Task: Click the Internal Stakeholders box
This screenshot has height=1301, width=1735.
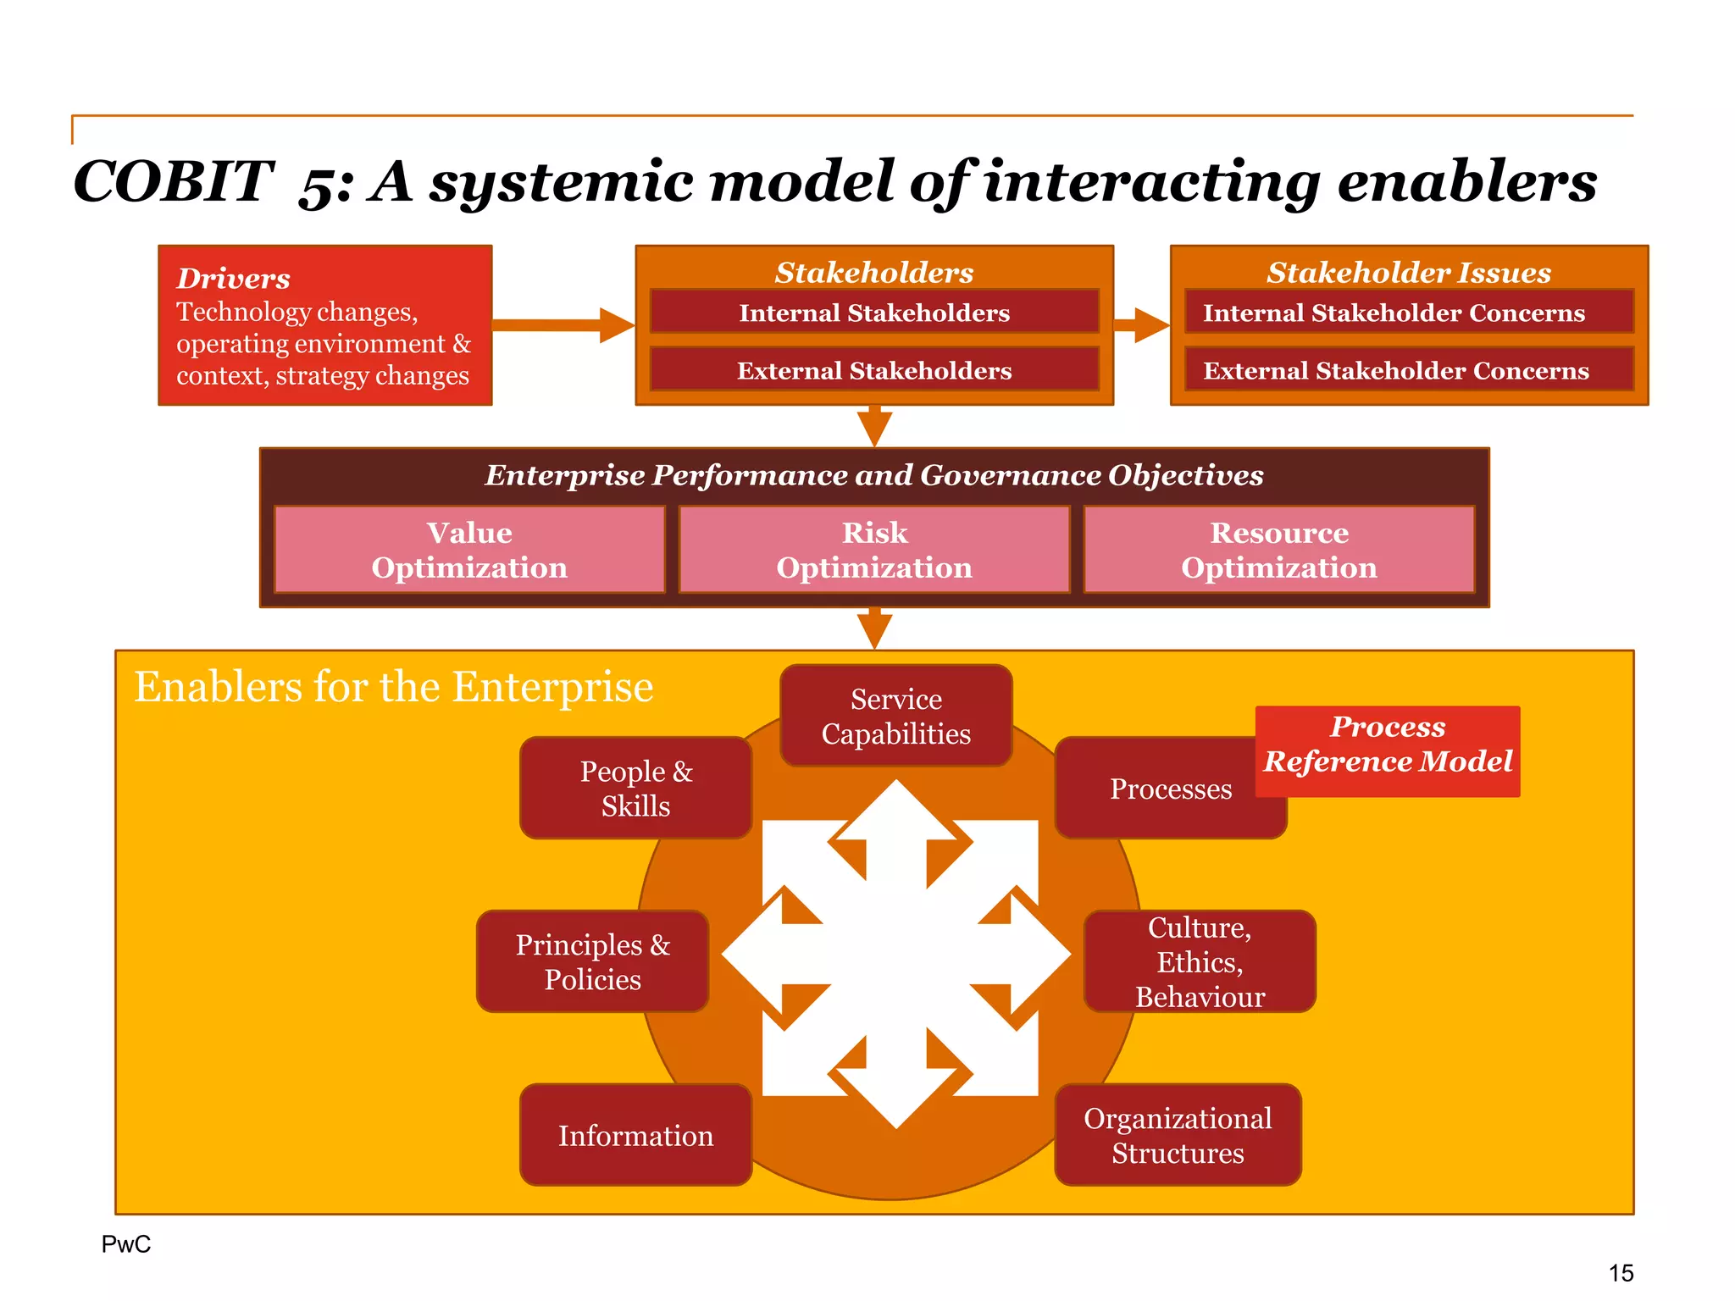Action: point(874,313)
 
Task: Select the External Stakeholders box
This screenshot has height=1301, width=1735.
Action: point(874,370)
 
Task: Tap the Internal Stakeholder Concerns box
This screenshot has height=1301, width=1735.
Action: point(1409,313)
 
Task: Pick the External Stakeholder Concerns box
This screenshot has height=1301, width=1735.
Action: point(1409,370)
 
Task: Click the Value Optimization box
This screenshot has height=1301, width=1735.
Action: point(469,550)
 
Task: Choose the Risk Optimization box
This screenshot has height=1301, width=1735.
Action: point(874,550)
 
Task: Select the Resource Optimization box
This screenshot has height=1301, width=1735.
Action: point(1279,550)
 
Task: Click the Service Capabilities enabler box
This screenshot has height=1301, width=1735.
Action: point(895,716)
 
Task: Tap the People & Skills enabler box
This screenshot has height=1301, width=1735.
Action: point(635,788)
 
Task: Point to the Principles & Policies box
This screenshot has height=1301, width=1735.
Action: point(592,961)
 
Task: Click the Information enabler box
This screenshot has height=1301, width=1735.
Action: point(635,1135)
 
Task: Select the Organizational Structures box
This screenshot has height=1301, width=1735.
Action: point(1178,1135)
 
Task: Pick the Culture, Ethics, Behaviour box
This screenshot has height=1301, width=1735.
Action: point(1200,961)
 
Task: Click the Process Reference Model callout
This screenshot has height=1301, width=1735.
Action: point(1388,744)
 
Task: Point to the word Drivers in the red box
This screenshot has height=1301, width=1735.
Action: point(233,279)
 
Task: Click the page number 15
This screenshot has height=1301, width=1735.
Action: point(1621,1273)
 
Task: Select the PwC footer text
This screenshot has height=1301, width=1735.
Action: point(126,1243)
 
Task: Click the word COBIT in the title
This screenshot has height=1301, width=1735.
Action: point(174,181)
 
